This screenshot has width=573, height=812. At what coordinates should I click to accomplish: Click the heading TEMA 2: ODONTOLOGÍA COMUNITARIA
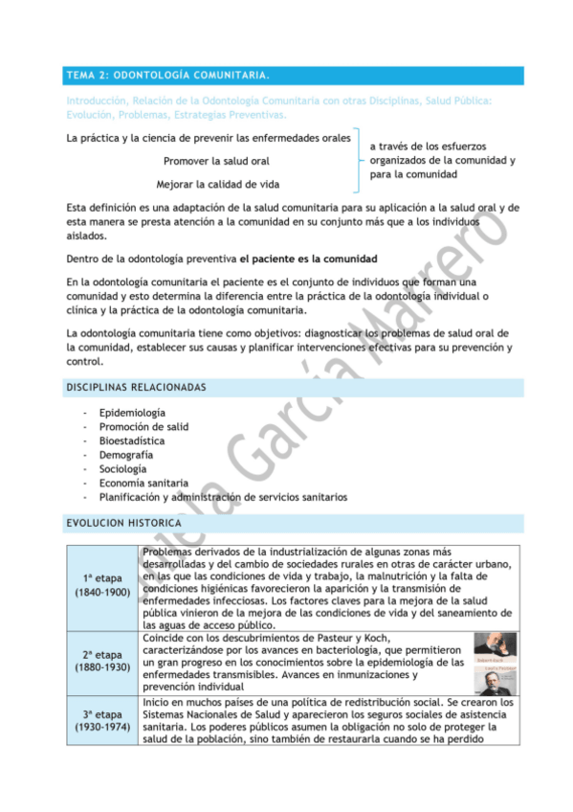click(166, 75)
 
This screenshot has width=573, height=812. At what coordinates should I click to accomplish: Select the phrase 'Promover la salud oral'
click(216, 161)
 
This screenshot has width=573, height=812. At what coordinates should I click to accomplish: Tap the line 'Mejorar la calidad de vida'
click(218, 184)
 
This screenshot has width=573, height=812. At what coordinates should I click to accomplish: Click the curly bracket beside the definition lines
click(357, 161)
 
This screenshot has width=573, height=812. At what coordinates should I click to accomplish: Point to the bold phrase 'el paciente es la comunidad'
click(308, 259)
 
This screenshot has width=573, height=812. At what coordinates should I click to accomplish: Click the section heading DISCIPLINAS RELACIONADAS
click(135, 387)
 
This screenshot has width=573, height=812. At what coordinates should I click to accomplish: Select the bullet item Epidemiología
click(131, 413)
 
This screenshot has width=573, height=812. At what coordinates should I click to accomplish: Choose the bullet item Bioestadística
click(132, 440)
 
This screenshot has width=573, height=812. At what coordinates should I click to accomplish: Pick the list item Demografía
click(126, 455)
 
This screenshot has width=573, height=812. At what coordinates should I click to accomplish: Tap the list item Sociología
click(123, 469)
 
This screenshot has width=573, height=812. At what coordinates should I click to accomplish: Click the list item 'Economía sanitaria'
click(143, 484)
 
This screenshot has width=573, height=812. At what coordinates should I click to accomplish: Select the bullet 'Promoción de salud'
click(143, 427)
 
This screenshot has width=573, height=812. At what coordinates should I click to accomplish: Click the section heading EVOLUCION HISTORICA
click(123, 524)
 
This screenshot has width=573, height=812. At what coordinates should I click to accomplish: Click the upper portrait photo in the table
click(496, 646)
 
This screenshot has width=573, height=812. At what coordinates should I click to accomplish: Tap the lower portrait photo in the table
click(496, 680)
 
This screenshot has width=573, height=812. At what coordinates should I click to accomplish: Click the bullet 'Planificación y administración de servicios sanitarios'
click(223, 497)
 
